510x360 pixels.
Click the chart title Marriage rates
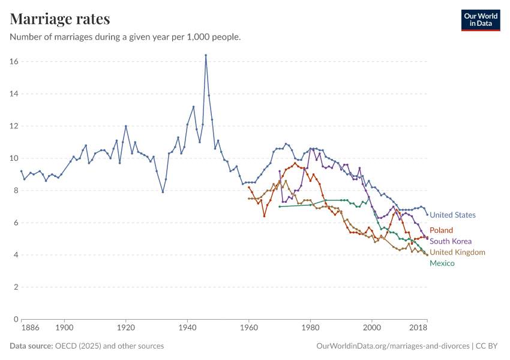coord(60,19)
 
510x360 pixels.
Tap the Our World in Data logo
coord(481,20)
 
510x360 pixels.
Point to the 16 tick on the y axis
coord(13,62)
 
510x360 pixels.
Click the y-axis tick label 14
coord(13,94)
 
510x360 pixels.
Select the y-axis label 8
coord(16,191)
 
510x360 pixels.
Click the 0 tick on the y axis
coord(16,320)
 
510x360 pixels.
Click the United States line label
coord(452,215)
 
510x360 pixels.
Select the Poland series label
coord(441,230)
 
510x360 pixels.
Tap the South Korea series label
coord(450,241)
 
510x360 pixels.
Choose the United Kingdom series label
coord(457,252)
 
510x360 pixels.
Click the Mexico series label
coord(442,263)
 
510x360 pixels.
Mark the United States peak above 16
coord(206,55)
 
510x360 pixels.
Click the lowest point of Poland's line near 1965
coord(264,216)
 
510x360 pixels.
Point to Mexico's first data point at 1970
coord(280,207)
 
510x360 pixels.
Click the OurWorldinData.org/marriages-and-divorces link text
coord(392,346)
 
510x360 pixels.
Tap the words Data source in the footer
coord(31,346)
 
